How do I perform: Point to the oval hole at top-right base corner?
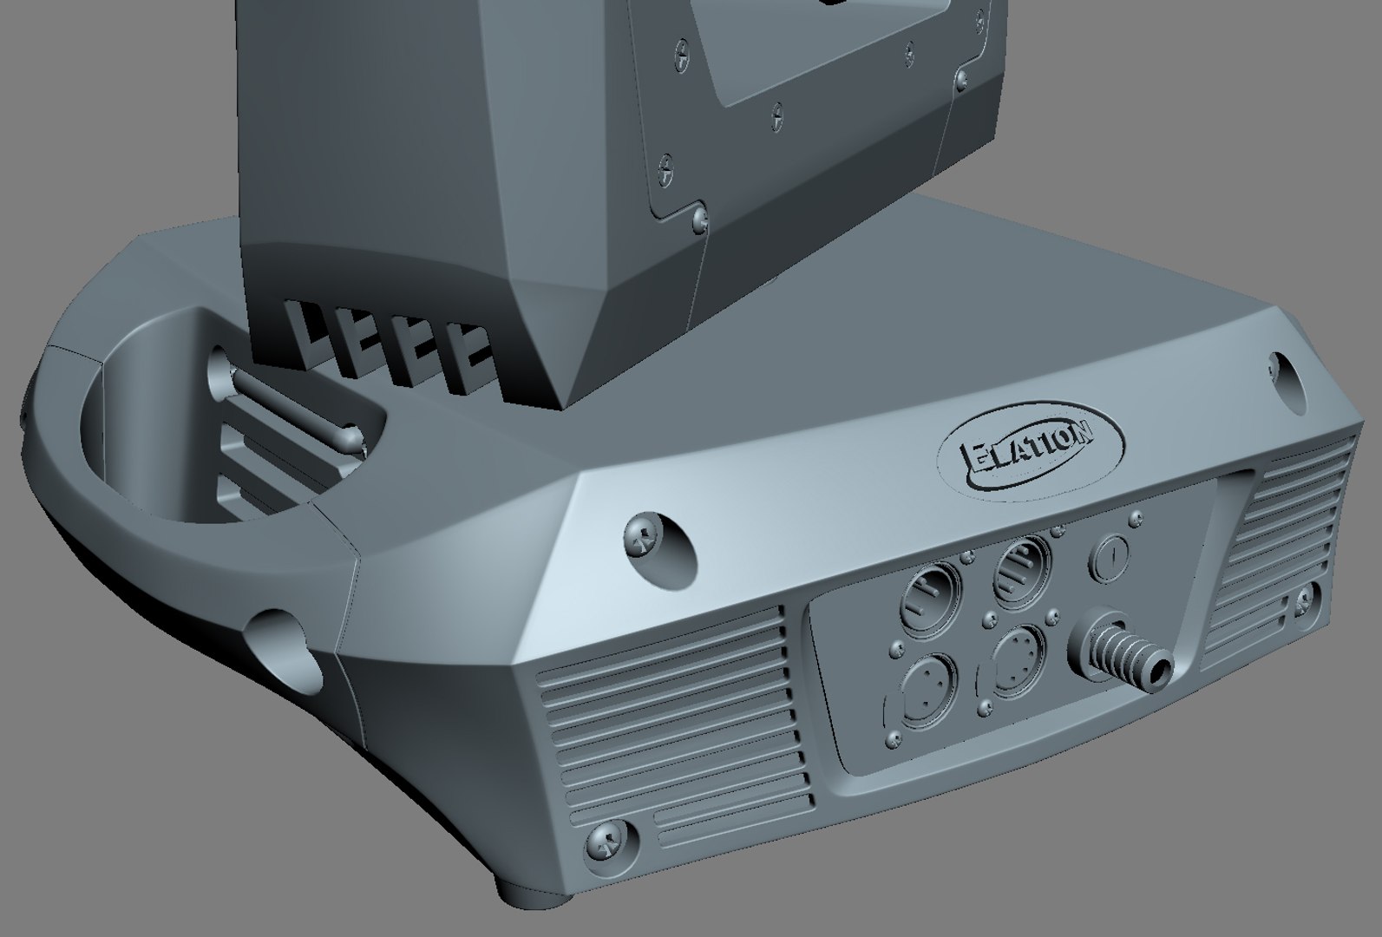[1287, 380]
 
